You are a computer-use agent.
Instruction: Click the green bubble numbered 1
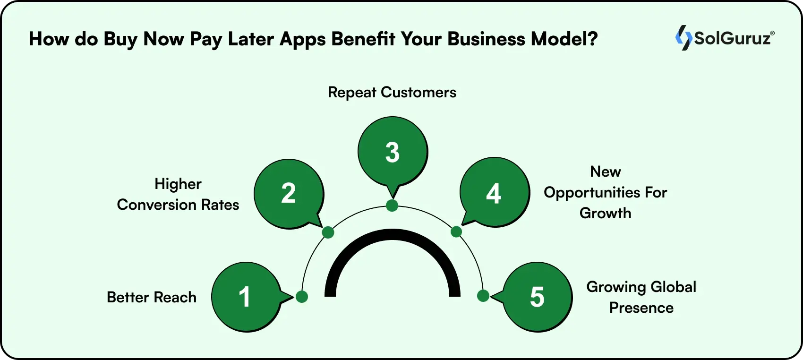click(x=245, y=297)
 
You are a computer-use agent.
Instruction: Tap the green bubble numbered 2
click(x=289, y=194)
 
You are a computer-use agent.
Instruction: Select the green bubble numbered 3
click(x=393, y=152)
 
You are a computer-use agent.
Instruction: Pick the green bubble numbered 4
click(x=494, y=193)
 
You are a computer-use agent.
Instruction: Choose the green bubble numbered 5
click(x=538, y=297)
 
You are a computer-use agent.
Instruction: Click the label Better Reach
click(x=152, y=297)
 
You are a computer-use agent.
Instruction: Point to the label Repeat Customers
click(x=392, y=92)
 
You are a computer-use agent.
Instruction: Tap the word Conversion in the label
click(x=157, y=205)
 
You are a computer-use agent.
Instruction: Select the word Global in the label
click(x=673, y=287)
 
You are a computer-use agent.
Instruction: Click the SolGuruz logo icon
click(x=683, y=38)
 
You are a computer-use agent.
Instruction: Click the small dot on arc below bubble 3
click(x=392, y=206)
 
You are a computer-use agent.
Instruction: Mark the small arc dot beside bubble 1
click(x=302, y=297)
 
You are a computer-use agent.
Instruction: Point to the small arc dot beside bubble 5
click(x=483, y=296)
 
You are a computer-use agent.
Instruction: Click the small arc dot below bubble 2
click(x=328, y=232)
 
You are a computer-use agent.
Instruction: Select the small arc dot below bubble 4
click(x=456, y=231)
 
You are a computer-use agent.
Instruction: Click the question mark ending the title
click(x=593, y=39)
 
